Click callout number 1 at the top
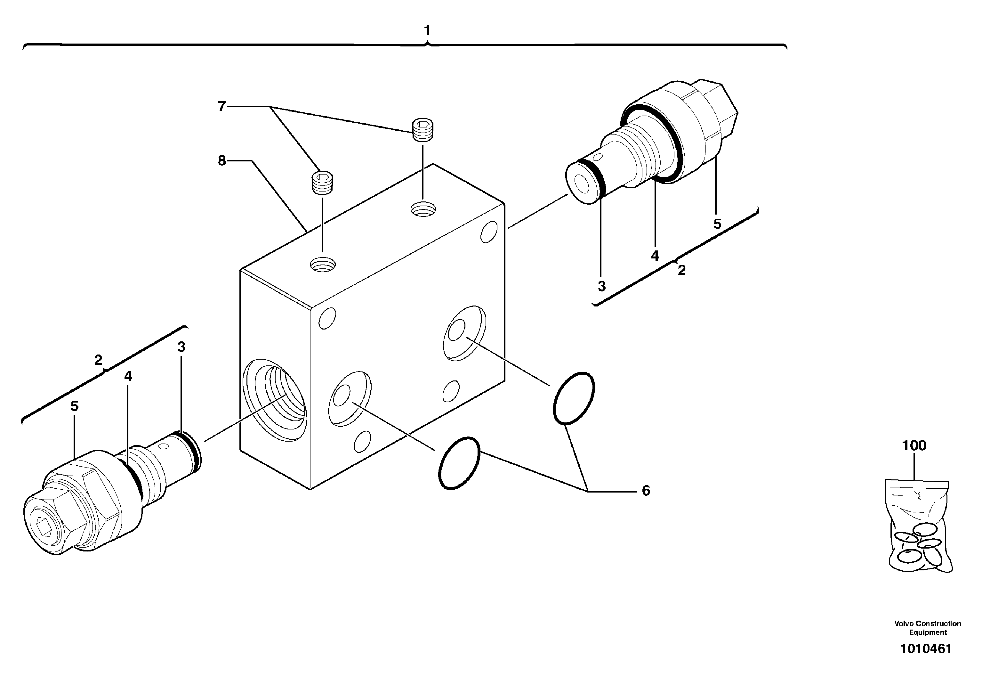tap(427, 31)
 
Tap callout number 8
tap(222, 161)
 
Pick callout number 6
tap(645, 491)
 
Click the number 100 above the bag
tap(914, 445)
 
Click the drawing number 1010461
tap(926, 649)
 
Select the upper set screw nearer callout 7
tap(426, 130)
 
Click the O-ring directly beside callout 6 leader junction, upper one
tap(574, 398)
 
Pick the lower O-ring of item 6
tap(459, 463)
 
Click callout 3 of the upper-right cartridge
tap(601, 286)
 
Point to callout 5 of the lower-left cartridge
tap(74, 406)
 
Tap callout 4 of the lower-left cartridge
tap(128, 376)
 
